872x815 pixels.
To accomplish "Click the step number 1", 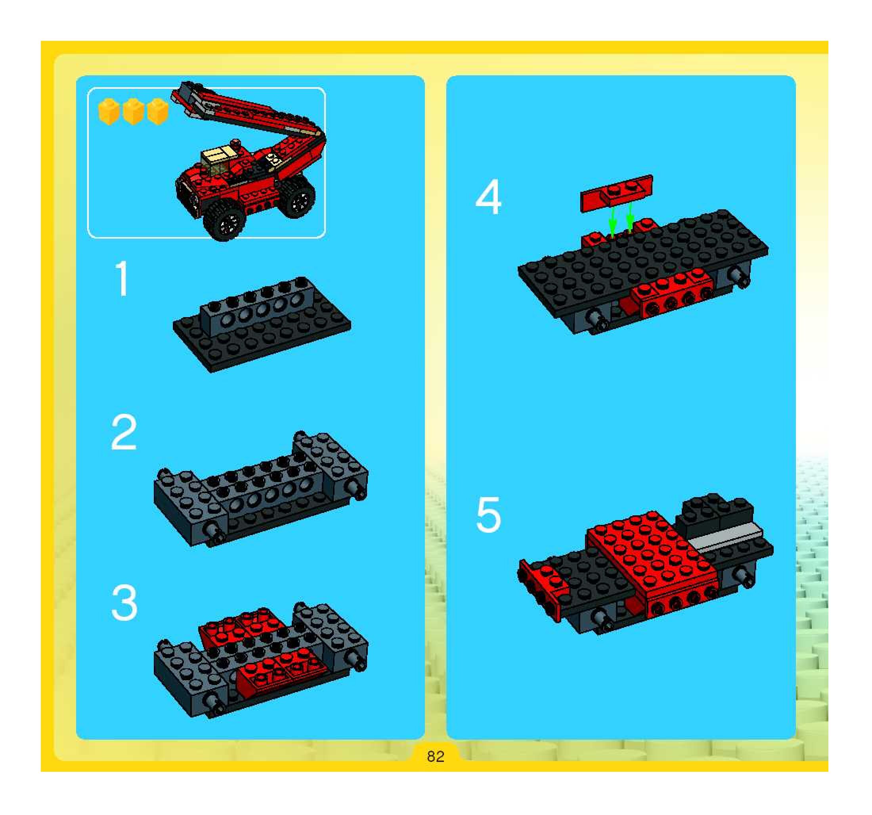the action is (122, 279).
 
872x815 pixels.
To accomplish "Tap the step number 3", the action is (124, 602).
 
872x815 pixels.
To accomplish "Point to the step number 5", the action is (488, 515).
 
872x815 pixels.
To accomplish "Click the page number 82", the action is (436, 756).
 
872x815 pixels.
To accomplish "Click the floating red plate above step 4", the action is (616, 193).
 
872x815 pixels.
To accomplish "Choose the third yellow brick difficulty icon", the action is (158, 112).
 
